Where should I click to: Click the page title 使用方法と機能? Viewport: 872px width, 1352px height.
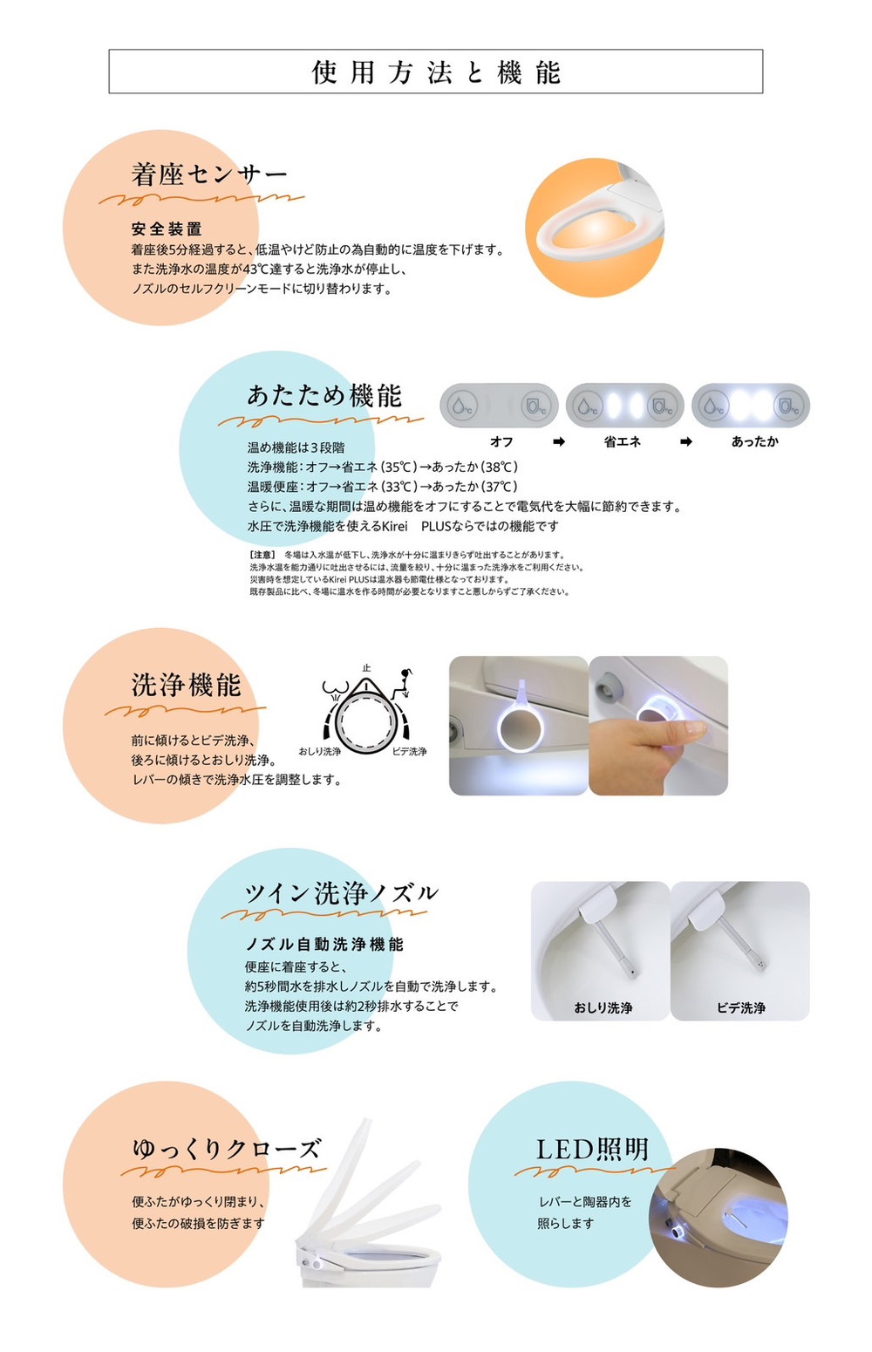click(x=436, y=72)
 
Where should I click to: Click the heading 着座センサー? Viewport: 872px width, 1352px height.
click(x=209, y=174)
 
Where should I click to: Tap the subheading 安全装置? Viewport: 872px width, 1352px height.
click(x=167, y=229)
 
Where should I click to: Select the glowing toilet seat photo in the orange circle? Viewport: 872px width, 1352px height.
click(x=595, y=228)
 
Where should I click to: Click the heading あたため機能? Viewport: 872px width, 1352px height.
click(x=324, y=396)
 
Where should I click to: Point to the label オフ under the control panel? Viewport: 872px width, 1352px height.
click(x=501, y=442)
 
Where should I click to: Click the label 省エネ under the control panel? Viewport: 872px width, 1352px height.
click(x=622, y=442)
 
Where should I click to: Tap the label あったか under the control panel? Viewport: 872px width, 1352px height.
click(x=755, y=442)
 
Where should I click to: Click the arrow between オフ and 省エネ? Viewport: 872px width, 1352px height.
click(x=559, y=442)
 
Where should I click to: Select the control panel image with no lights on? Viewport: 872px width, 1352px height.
click(x=499, y=406)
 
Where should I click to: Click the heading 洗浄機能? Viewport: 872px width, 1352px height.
click(x=187, y=685)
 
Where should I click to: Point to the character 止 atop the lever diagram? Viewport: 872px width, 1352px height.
click(x=366, y=668)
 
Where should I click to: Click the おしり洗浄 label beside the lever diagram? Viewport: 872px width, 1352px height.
click(x=320, y=751)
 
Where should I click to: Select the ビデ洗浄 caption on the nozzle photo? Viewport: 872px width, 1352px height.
click(x=741, y=1008)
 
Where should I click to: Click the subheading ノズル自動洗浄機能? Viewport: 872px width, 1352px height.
click(x=324, y=945)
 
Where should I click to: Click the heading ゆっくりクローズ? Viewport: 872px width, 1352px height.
click(x=227, y=1149)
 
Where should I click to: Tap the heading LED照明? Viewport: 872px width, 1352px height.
click(x=593, y=1150)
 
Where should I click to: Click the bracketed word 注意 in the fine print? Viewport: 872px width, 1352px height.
click(x=262, y=555)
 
